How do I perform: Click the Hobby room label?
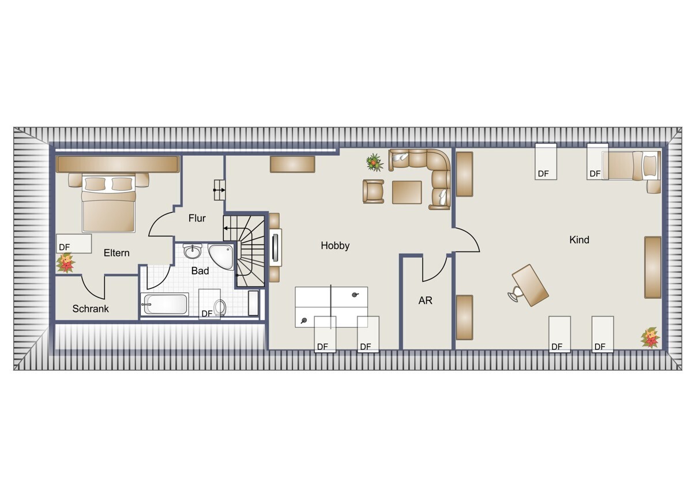335,246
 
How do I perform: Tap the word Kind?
579,240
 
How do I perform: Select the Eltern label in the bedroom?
116,253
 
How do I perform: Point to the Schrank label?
91,309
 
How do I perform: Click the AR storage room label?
426,300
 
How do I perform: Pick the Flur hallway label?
197,218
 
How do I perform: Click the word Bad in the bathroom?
200,271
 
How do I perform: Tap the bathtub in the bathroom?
165,304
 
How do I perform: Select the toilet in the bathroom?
220,307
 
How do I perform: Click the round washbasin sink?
193,251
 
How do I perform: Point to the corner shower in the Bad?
221,257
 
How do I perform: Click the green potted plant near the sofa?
374,162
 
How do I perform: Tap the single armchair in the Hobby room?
374,191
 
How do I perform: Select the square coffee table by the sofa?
407,192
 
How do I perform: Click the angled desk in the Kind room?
530,285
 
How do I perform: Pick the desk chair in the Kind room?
514,294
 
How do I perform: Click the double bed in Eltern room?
108,202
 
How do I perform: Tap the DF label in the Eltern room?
64,247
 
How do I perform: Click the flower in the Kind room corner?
650,337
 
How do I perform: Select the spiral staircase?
244,250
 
